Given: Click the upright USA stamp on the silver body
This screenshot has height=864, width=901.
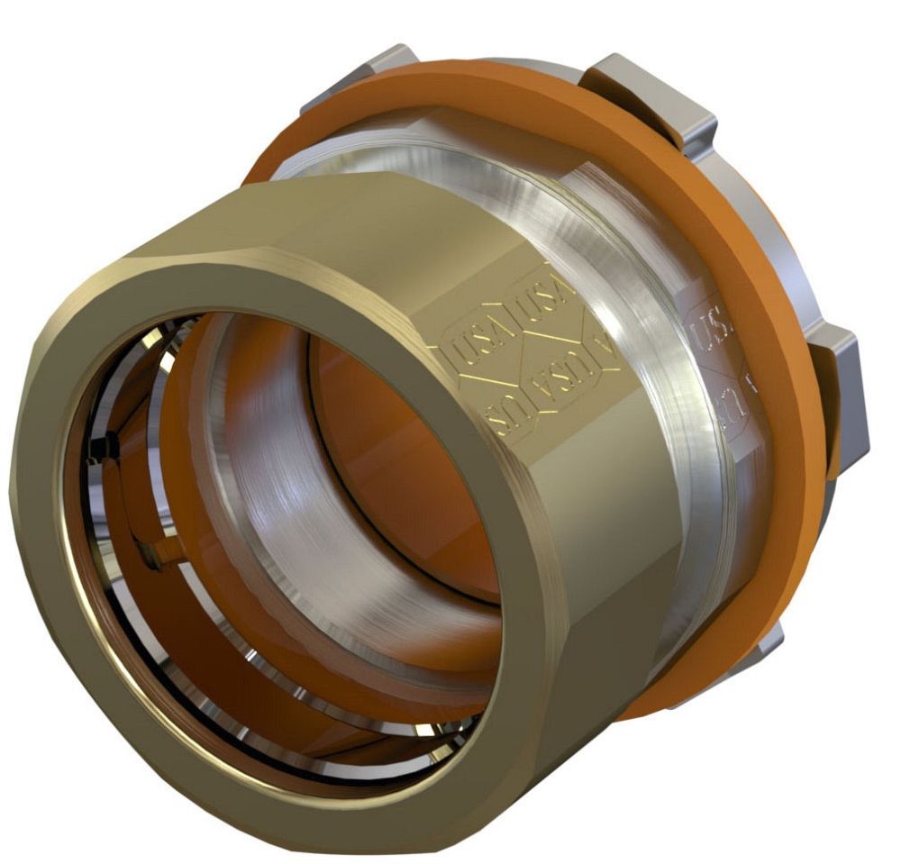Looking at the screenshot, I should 712,324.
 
